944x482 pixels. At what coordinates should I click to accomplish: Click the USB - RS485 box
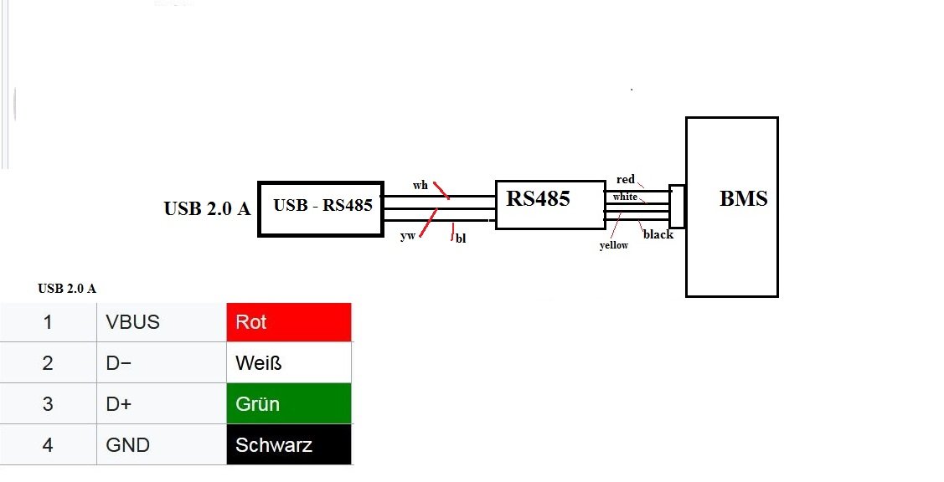(321, 208)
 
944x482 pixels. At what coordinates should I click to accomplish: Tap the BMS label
(743, 199)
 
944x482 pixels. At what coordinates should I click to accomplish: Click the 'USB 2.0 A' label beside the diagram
(207, 208)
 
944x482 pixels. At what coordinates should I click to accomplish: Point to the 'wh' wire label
(420, 185)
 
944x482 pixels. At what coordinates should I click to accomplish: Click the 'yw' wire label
(408, 236)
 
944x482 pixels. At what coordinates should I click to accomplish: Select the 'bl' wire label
(461, 238)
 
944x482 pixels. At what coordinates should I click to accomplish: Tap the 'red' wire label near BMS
(626, 179)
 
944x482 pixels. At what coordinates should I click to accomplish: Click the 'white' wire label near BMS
(625, 197)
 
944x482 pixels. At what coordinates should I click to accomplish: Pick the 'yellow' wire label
(614, 245)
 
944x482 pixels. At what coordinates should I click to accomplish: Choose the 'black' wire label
(658, 234)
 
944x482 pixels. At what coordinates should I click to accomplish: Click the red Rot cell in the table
(288, 322)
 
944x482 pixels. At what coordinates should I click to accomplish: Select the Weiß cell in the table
(288, 362)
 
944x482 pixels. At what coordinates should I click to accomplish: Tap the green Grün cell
(288, 403)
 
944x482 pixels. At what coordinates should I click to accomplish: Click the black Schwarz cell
(288, 444)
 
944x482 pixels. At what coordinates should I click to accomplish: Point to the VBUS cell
(161, 322)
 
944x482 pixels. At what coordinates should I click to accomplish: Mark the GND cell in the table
(161, 444)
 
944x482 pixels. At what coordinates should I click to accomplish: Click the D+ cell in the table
(161, 403)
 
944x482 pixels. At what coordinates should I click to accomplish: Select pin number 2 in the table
(48, 362)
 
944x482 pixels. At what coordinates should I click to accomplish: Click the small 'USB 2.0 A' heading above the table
(67, 289)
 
